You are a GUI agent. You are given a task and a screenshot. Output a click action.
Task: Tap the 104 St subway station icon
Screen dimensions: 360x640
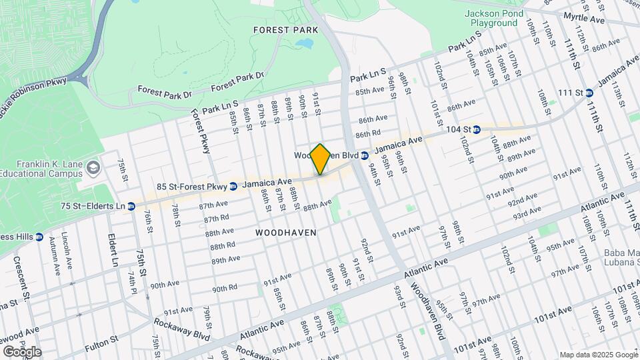[477, 129]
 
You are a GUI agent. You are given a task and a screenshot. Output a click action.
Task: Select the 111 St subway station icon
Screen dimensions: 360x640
[589, 93]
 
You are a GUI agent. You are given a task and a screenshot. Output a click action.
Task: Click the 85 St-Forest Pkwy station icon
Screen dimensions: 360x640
[233, 187]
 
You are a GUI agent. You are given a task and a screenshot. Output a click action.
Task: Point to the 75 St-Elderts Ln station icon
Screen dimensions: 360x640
[131, 207]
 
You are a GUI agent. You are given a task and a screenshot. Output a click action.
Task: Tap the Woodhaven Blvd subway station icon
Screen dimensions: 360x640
[365, 155]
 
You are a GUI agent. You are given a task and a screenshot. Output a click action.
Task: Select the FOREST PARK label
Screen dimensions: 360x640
[281, 30]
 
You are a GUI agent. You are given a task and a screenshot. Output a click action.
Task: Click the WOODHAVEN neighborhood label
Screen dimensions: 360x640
[285, 232]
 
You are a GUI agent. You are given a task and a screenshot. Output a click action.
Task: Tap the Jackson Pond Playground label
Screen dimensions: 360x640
[494, 18]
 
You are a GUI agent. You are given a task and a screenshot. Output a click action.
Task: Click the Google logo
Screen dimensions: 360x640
[22, 351]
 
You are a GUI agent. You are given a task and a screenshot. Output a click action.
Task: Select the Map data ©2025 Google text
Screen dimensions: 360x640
[598, 355]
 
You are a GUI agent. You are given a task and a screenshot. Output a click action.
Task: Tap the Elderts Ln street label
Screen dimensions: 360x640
[114, 247]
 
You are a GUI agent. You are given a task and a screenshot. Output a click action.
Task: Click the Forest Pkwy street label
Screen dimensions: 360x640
[201, 132]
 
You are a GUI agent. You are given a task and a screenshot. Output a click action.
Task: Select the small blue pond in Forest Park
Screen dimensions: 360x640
[305, 44]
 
